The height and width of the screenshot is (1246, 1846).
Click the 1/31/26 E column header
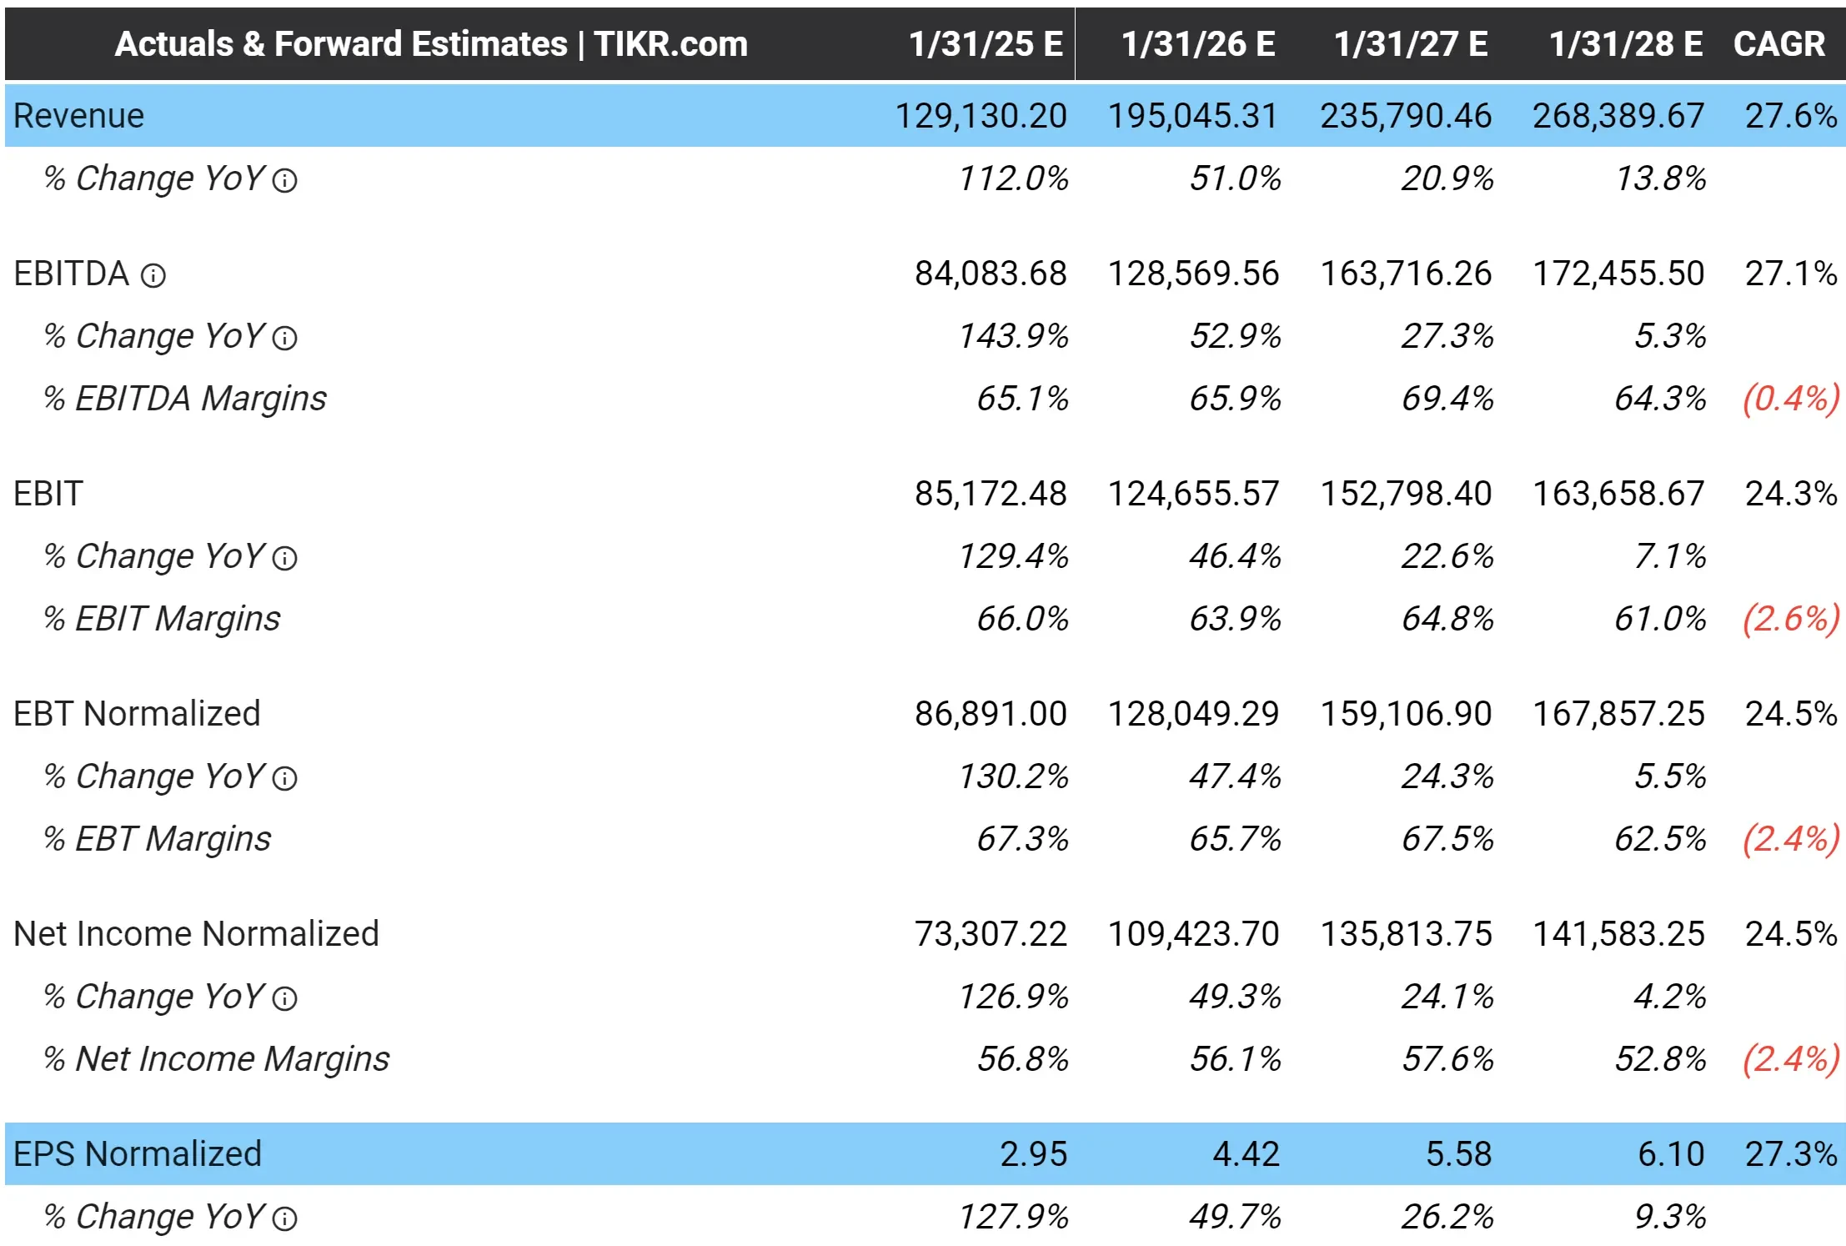click(x=1197, y=44)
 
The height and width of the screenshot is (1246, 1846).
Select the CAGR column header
click(x=1778, y=44)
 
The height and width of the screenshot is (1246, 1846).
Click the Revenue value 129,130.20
click(x=981, y=116)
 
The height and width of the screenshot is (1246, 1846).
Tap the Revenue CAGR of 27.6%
click(x=1790, y=116)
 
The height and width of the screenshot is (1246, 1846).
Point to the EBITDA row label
click(x=72, y=274)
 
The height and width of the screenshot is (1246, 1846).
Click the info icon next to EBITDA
click(x=153, y=275)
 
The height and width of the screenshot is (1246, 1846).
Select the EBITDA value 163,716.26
click(x=1405, y=274)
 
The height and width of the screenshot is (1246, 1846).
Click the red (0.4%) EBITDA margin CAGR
click(x=1790, y=399)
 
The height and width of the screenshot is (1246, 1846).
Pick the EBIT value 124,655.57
click(x=1192, y=494)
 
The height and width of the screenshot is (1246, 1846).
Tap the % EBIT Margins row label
click(x=162, y=619)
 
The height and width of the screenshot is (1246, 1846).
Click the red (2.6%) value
click(x=1790, y=619)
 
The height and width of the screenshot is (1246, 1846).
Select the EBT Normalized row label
click(x=137, y=714)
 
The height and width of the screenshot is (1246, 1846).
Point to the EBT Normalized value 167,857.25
click(x=1618, y=714)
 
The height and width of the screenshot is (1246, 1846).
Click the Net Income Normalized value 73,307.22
click(x=990, y=934)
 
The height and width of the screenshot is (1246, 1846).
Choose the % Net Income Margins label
click(x=216, y=1059)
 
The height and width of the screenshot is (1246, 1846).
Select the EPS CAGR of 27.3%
click(x=1790, y=1154)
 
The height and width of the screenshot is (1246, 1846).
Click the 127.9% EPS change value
click(x=1012, y=1217)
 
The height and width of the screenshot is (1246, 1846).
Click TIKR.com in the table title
click(x=670, y=44)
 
